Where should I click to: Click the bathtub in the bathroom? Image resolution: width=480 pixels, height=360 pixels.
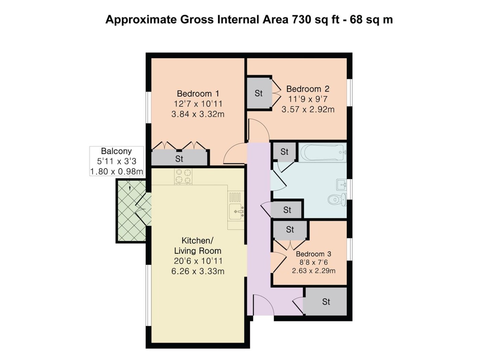pos(322,152)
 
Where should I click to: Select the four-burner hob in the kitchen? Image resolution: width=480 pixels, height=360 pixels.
pos(183,176)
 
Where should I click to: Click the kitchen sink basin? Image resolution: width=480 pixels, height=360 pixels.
pos(237,212)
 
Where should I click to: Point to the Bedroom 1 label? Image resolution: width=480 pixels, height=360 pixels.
pos(198,94)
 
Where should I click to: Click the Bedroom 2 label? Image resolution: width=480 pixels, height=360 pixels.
pos(308,89)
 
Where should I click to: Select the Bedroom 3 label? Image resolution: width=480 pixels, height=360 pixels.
pos(313,254)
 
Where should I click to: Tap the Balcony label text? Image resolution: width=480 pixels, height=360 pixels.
pos(116,151)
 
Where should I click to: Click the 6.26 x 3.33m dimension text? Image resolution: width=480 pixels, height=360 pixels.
pos(198,271)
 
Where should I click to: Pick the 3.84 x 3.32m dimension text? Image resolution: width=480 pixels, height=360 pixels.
pos(198,114)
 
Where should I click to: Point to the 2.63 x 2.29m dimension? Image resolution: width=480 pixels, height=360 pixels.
pos(313,271)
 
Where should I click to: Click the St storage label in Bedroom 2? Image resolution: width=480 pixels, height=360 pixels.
pos(259,93)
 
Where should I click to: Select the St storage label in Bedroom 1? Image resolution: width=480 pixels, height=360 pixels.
pos(179,159)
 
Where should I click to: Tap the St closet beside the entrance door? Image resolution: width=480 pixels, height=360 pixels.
pos(326,302)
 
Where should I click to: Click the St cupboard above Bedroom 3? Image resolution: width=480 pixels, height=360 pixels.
pos(290,229)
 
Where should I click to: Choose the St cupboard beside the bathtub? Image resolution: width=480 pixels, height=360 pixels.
pos(284,152)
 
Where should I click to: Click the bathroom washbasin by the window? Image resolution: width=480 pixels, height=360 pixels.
pos(341,185)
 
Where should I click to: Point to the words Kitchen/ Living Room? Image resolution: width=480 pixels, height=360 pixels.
pos(198,246)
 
